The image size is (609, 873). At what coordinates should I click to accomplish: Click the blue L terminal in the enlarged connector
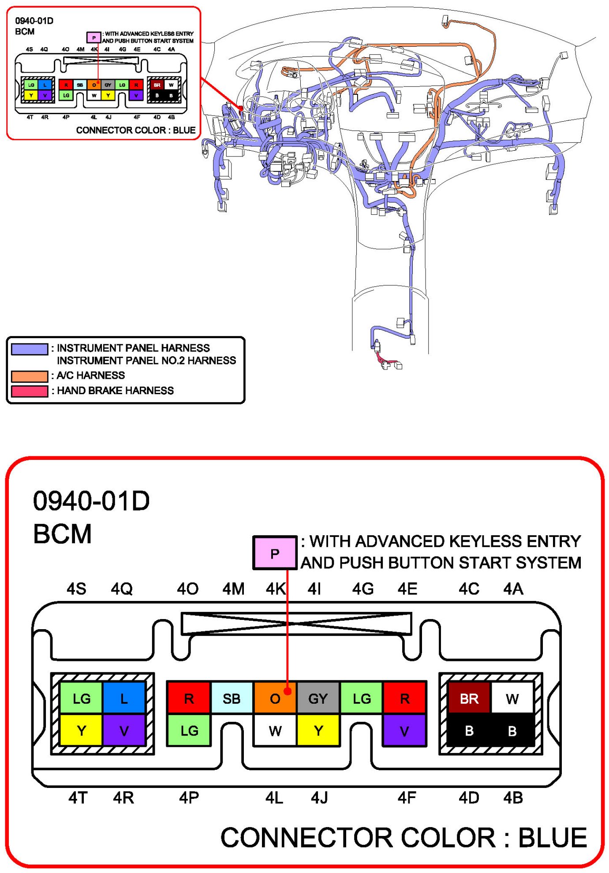124,698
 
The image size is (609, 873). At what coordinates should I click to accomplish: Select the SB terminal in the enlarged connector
232,698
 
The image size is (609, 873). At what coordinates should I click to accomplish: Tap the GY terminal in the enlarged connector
318,698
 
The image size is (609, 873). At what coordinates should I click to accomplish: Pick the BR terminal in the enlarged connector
469,698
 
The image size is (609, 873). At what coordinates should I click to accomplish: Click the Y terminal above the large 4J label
318,731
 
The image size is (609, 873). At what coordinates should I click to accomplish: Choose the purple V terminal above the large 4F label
404,731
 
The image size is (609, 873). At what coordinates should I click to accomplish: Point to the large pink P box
275,553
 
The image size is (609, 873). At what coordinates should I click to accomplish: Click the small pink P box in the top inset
93,37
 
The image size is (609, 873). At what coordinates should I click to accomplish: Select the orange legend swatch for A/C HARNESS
30,376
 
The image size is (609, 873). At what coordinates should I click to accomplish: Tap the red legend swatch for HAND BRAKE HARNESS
30,391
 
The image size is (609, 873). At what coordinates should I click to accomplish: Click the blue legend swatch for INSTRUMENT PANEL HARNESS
30,349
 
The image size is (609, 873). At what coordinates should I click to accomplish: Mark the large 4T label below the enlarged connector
78,798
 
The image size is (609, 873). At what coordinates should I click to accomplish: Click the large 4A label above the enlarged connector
513,589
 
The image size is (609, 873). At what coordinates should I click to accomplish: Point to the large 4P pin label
189,798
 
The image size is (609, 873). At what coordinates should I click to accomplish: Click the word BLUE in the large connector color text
552,838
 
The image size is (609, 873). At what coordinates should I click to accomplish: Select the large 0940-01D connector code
91,501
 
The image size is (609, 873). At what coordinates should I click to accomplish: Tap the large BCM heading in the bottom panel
62,534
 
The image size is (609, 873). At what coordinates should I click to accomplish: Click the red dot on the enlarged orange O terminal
288,691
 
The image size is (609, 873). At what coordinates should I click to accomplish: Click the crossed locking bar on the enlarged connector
296,623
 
